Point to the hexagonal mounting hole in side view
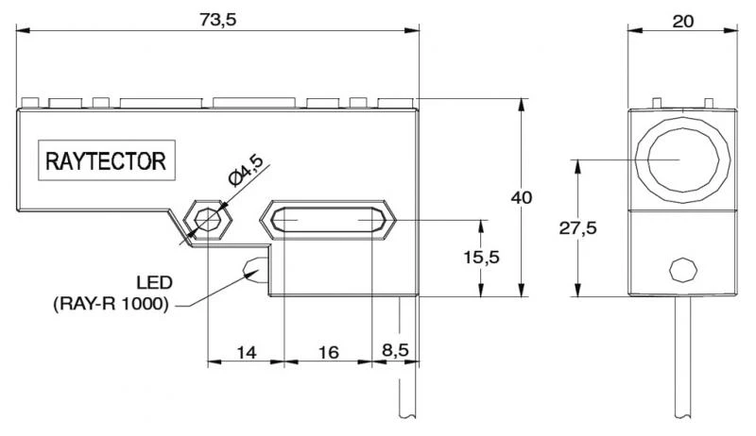tap(206, 220)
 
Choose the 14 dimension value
tap(246, 352)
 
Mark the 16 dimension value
tap(328, 352)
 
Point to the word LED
tap(153, 283)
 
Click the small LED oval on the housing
tap(255, 270)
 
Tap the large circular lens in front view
tap(680, 159)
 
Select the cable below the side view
tap(408, 377)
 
